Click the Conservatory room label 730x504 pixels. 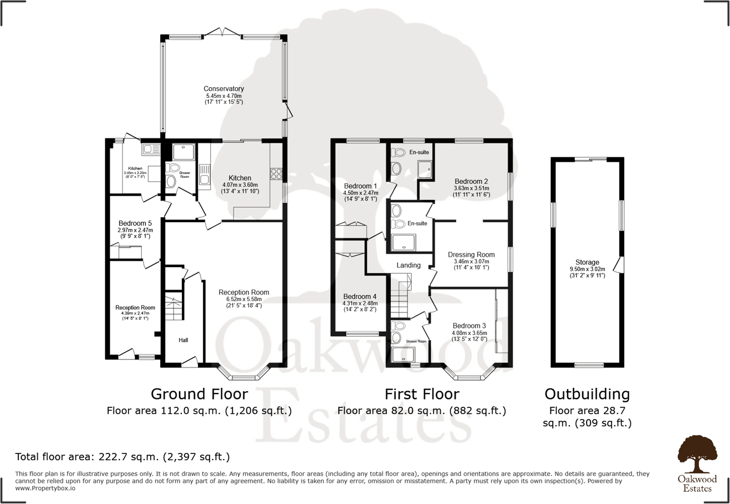pyautogui.click(x=224, y=89)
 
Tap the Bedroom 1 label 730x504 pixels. pyautogui.click(x=360, y=186)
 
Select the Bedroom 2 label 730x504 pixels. pyautogui.click(x=471, y=181)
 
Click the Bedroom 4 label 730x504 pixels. pyautogui.click(x=360, y=296)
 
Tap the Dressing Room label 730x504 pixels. pyautogui.click(x=471, y=255)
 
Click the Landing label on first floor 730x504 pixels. pyautogui.click(x=408, y=266)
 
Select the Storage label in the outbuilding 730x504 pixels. pyautogui.click(x=587, y=262)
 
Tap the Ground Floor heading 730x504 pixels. pyautogui.click(x=199, y=395)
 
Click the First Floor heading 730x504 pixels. pyautogui.click(x=422, y=395)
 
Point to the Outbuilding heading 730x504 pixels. pyautogui.click(x=587, y=395)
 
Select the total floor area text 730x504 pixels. pyautogui.click(x=122, y=457)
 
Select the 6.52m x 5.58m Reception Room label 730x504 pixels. pyautogui.click(x=244, y=292)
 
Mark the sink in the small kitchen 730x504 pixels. pyautogui.click(x=151, y=149)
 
